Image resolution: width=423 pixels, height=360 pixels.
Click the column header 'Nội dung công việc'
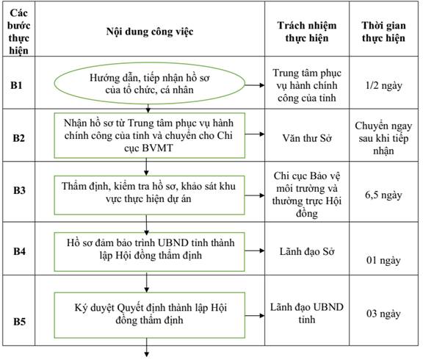coord(150,32)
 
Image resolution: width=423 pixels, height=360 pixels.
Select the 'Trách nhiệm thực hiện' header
coord(307,32)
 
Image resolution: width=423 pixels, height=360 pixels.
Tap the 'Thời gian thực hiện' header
coord(383,32)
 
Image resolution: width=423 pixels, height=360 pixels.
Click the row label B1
coord(16,85)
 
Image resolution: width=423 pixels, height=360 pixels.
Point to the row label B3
coord(19,190)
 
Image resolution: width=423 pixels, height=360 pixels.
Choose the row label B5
coord(19,321)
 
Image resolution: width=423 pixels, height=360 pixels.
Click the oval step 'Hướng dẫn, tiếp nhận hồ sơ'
coord(150,84)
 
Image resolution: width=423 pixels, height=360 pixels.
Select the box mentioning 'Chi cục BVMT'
coord(150,135)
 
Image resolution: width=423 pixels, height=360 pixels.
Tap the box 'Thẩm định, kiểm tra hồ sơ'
coord(150,195)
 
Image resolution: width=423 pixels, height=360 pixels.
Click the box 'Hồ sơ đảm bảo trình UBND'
coord(150,251)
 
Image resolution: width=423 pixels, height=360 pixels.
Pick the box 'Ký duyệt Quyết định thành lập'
coord(150,315)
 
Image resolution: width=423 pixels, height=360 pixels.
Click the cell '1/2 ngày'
coord(383,85)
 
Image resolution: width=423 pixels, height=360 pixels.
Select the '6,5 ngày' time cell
coord(383,195)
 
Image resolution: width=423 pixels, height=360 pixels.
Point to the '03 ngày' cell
coord(383,314)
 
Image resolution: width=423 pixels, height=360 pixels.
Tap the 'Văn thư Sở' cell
coord(307,138)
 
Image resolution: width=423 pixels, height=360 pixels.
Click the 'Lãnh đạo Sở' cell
coord(307,251)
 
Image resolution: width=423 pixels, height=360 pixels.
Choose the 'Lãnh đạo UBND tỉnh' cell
coord(307,313)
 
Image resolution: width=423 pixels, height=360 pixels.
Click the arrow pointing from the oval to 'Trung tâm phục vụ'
coord(255,85)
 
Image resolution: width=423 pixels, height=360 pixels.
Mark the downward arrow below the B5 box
coord(147,348)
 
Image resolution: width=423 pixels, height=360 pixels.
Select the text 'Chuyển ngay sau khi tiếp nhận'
coord(383,138)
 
